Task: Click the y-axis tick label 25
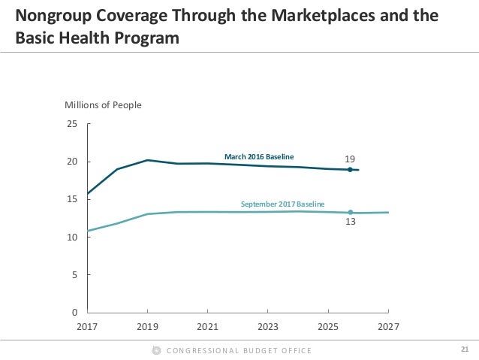click(72, 124)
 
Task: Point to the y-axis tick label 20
click(72, 162)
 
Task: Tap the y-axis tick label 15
click(72, 199)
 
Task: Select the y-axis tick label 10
click(72, 237)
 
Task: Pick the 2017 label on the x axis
click(87, 327)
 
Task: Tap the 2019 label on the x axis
click(147, 327)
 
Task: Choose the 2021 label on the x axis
click(207, 327)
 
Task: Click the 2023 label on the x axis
click(267, 327)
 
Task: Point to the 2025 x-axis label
click(327, 327)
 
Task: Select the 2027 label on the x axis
click(387, 327)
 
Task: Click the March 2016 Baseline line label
click(259, 156)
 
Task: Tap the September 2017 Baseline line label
click(282, 204)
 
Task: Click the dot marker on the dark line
click(350, 170)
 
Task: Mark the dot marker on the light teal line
click(350, 212)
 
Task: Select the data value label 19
click(350, 159)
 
